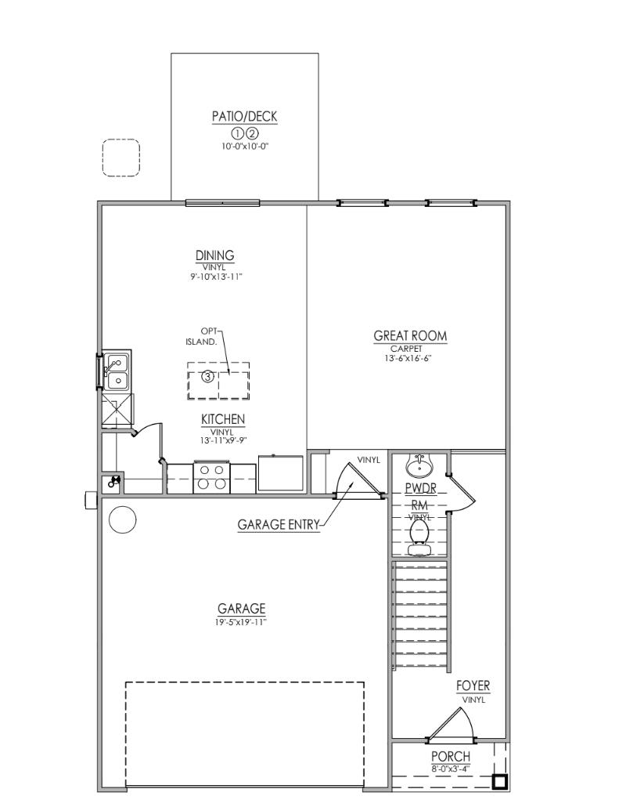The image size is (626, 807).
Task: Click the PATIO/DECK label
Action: coord(244,117)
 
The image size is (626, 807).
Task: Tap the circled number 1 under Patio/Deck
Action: coord(238,132)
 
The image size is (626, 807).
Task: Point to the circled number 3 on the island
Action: coord(207,377)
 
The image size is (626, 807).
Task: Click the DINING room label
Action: coord(215,255)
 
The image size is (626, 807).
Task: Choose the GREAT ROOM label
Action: coord(411,336)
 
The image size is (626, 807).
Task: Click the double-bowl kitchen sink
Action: coord(117,371)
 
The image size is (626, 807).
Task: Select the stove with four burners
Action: coord(212,478)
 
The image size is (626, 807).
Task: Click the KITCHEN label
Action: coord(223,419)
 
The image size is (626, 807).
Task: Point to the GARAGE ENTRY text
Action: coord(279,525)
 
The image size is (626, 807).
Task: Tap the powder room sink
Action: coord(419,466)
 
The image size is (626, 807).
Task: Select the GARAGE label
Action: coord(242,608)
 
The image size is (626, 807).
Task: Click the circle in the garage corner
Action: coord(123,519)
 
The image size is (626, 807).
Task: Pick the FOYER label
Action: coord(473,686)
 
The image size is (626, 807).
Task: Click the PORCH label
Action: coord(451,756)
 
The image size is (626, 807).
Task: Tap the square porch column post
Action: coord(498,781)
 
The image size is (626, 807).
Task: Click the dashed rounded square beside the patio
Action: coord(121,158)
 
